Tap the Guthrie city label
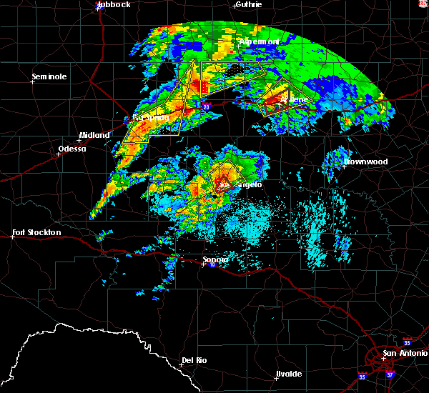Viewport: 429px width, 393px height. pos(247,5)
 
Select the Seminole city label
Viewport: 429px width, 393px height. pos(49,76)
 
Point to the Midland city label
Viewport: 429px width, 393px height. pos(94,135)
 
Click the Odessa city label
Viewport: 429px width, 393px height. pos(71,149)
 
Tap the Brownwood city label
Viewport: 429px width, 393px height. pos(365,162)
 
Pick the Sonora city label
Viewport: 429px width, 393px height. pos(214,259)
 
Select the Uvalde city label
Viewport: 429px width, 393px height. pos(288,374)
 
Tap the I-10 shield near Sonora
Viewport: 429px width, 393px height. pos(212,265)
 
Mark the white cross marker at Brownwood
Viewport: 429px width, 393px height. pos(344,166)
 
